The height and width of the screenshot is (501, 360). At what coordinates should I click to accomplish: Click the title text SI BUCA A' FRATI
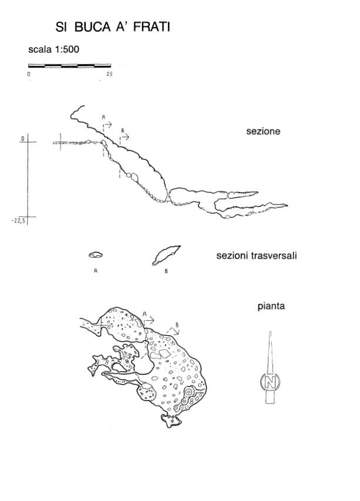pos(112,27)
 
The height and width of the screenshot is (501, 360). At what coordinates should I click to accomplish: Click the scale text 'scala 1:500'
pos(53,49)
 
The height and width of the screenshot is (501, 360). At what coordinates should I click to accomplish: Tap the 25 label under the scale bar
pos(109,74)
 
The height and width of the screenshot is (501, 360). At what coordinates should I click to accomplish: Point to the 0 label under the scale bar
pos(29,74)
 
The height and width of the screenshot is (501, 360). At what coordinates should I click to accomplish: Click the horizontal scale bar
pos(70,66)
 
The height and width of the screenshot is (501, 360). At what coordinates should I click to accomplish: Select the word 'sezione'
pos(263,132)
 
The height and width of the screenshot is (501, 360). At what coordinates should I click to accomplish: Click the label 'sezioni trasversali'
pos(257,255)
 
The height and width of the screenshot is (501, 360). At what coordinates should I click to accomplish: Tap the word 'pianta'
pos(271,306)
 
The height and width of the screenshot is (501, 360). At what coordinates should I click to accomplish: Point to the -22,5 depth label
pos(18,220)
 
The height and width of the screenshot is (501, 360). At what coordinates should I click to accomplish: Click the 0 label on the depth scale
pos(23,139)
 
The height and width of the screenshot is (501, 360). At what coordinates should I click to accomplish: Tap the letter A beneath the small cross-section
pos(96,271)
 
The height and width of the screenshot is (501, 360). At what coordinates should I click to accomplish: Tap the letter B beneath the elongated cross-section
pos(166,271)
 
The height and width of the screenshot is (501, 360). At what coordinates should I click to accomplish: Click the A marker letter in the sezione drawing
pos(103,117)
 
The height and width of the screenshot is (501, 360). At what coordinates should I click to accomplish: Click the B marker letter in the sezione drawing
pos(123,130)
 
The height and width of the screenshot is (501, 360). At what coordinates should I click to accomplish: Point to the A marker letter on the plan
pos(144,314)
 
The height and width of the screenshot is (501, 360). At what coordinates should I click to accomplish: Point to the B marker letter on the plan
pos(177,325)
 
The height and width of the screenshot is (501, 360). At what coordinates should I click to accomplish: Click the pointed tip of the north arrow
pos(270,332)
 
